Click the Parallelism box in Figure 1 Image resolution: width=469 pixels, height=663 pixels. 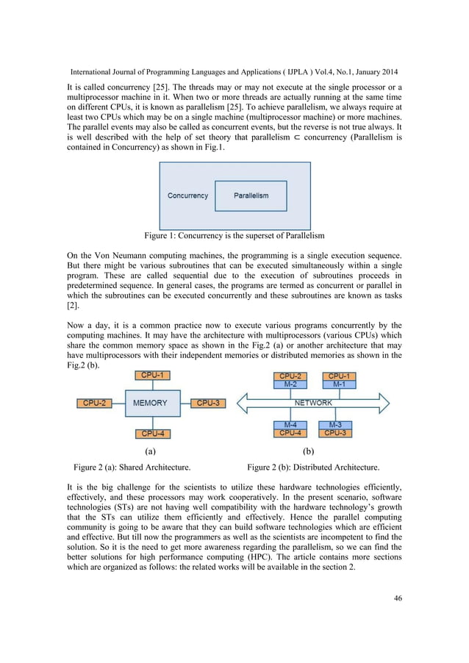[251, 196]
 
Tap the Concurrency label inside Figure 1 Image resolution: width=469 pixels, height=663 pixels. [187, 196]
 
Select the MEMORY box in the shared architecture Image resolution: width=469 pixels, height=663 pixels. [149, 403]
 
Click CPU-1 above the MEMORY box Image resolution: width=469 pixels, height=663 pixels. [150, 376]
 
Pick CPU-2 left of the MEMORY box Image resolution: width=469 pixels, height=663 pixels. [93, 403]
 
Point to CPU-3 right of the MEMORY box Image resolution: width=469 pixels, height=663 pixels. [207, 403]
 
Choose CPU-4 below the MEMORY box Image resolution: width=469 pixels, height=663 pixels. [150, 433]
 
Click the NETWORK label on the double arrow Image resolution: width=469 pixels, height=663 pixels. [313, 403]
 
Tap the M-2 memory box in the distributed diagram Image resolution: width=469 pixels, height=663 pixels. [290, 384]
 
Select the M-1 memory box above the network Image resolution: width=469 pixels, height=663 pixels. [338, 384]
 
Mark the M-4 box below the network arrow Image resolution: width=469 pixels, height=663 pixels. [290, 424]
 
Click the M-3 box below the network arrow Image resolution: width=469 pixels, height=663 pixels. [336, 424]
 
